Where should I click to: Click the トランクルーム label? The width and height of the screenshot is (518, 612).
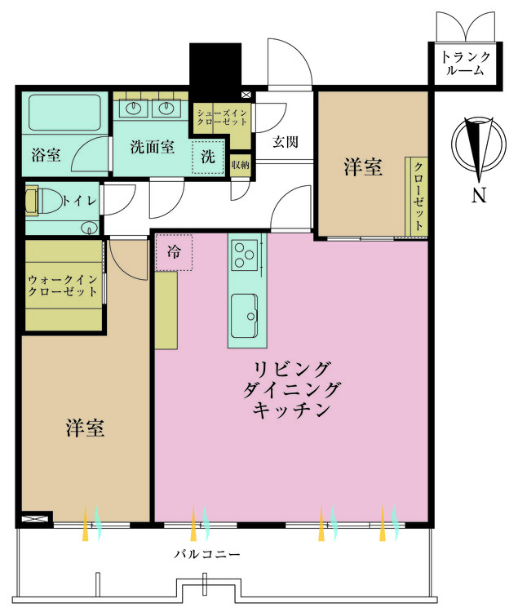(466, 64)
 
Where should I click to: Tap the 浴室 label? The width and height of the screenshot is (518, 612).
(46, 155)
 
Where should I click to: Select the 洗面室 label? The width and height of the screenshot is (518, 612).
(153, 147)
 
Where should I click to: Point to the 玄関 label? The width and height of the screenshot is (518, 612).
(285, 141)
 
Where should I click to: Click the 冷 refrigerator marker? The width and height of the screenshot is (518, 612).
(174, 252)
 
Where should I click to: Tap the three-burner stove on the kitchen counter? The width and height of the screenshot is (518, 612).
(244, 254)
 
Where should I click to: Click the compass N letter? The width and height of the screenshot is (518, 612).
(479, 196)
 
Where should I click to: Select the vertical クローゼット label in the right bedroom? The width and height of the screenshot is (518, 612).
(418, 196)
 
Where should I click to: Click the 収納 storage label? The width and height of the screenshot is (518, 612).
(240, 165)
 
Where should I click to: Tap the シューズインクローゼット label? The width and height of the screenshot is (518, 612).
(223, 116)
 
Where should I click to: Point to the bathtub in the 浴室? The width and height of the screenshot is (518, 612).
(63, 115)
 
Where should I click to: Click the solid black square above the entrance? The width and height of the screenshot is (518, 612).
(216, 69)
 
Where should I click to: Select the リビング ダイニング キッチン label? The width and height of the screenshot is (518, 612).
(290, 388)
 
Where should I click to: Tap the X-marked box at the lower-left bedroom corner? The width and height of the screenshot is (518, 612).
(35, 518)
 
